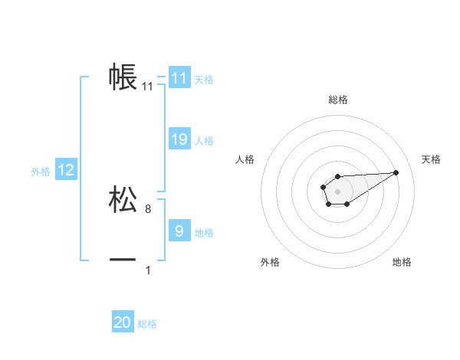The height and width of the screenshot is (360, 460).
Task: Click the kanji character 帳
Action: (x=123, y=77)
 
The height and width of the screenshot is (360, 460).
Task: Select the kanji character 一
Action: (x=123, y=260)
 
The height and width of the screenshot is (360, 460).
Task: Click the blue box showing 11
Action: (x=179, y=78)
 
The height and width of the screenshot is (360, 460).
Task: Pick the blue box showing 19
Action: (x=179, y=139)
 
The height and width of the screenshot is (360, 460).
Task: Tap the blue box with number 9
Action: (x=179, y=231)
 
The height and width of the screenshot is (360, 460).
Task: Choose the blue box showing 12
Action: (x=66, y=170)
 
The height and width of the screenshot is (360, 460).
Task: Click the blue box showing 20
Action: (x=123, y=322)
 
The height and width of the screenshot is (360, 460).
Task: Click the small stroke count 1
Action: (x=148, y=270)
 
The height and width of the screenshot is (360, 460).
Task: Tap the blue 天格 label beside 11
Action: (x=204, y=80)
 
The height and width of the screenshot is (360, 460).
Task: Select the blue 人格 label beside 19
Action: (x=204, y=141)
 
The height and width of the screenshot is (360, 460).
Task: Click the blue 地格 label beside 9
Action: (x=204, y=232)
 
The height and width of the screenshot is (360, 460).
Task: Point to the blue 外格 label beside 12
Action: (x=41, y=172)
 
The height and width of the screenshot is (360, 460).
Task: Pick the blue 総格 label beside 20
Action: (x=147, y=324)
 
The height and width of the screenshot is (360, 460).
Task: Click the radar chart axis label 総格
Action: (x=338, y=100)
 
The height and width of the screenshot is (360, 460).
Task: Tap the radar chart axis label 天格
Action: (x=432, y=159)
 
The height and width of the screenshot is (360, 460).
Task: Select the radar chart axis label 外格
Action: (x=270, y=262)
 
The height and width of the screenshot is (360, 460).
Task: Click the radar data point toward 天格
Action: (x=396, y=172)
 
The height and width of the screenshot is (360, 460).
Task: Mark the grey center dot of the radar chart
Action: (x=338, y=191)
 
